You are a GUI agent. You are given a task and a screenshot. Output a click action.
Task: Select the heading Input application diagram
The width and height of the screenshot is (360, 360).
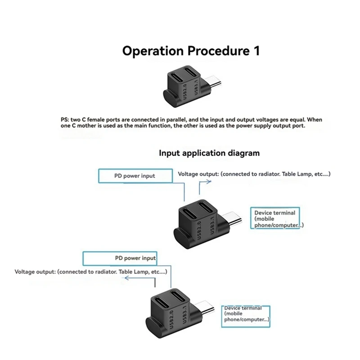pyautogui.click(x=209, y=153)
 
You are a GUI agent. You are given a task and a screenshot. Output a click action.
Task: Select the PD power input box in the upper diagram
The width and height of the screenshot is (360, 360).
pyautogui.click(x=135, y=176)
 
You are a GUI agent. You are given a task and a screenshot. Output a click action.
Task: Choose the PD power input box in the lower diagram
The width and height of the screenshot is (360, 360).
pyautogui.click(x=119, y=258)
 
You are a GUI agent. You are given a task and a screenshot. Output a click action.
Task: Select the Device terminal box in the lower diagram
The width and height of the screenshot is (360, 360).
pyautogui.click(x=247, y=314)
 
